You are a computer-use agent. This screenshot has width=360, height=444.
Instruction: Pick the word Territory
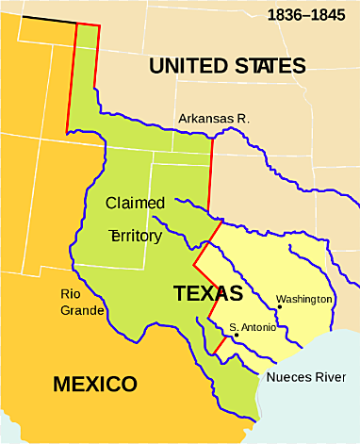coord(136,236)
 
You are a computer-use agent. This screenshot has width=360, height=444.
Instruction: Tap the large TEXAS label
coord(208,292)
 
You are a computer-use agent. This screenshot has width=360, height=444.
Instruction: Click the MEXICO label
coord(94,385)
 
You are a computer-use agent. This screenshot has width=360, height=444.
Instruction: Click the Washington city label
coord(303,299)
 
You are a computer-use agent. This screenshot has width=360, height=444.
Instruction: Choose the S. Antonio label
coord(254,327)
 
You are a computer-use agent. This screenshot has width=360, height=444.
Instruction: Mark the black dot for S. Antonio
coord(236,336)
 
